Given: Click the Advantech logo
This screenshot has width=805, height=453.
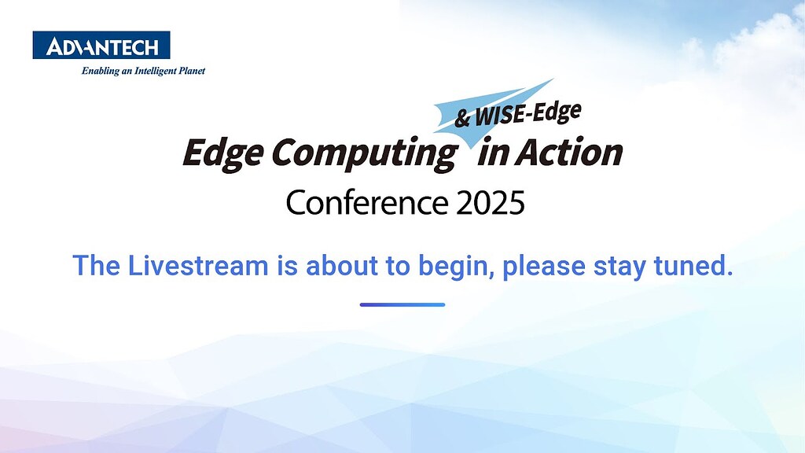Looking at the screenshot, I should [101, 46].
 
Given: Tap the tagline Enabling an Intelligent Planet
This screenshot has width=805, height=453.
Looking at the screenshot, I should [143, 71].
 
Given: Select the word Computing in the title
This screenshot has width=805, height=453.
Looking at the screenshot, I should [364, 154].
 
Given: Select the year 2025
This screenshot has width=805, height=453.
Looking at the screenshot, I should [489, 204].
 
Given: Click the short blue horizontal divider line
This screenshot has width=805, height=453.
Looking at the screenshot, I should [402, 304].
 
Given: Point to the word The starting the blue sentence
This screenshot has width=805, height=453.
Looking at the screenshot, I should [95, 266].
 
